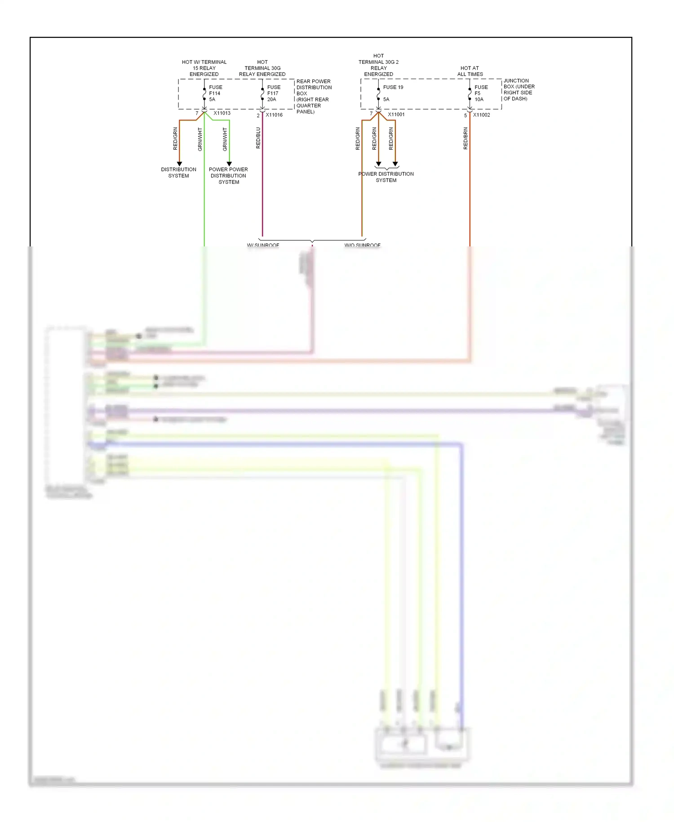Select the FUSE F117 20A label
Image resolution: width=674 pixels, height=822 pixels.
point(273,94)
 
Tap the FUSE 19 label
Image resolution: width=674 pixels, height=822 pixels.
point(393,87)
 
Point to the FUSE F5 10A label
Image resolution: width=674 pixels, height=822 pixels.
point(480,94)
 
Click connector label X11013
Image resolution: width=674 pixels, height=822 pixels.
point(222,113)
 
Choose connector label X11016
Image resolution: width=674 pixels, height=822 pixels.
point(274,115)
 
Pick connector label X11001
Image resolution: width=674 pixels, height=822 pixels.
point(396,115)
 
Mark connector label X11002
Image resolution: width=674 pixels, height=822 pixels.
point(481,115)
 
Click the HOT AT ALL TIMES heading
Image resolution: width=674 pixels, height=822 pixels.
point(470,71)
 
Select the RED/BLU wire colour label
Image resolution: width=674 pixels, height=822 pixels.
point(258,138)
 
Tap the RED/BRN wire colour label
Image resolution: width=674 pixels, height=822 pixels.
point(466,138)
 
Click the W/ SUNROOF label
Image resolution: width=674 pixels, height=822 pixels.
point(263,245)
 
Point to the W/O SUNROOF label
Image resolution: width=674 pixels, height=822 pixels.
point(362,245)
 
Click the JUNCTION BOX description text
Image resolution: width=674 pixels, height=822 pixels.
point(519,90)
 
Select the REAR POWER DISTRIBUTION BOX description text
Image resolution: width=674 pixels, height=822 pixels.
point(314,97)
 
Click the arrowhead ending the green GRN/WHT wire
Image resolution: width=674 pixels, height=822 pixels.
point(229,164)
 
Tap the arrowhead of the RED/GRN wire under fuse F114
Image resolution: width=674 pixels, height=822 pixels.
point(179,164)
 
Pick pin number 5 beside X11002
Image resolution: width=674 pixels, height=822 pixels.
point(466,116)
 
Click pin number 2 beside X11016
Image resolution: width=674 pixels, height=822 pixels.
point(258,116)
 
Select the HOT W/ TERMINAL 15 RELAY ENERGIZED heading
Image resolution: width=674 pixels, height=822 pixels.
point(204,68)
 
